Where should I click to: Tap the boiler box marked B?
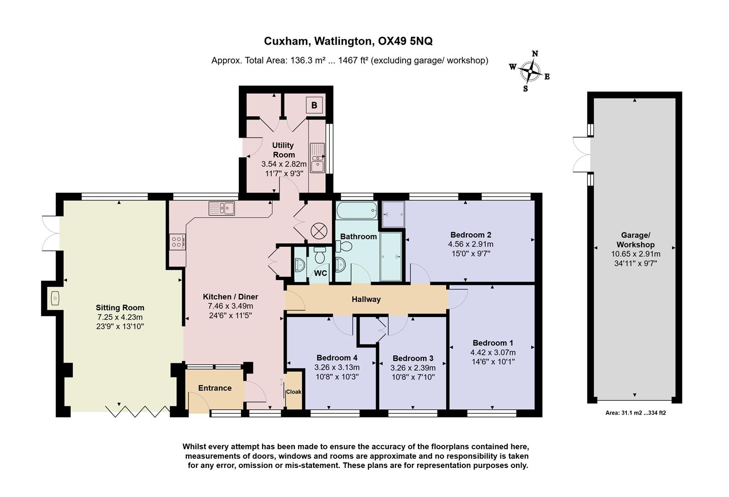314,105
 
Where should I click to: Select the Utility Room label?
283,150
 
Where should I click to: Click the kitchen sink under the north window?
222,208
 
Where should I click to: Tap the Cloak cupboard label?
293,392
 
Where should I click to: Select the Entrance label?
215,388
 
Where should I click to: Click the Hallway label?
366,300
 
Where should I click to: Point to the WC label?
321,273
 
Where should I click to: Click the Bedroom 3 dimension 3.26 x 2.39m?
413,368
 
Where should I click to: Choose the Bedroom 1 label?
493,343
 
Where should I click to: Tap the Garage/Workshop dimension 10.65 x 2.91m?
635,254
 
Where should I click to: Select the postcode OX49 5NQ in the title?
405,41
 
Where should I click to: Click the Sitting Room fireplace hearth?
54,298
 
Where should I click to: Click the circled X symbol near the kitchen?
318,231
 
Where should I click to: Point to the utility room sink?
317,158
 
